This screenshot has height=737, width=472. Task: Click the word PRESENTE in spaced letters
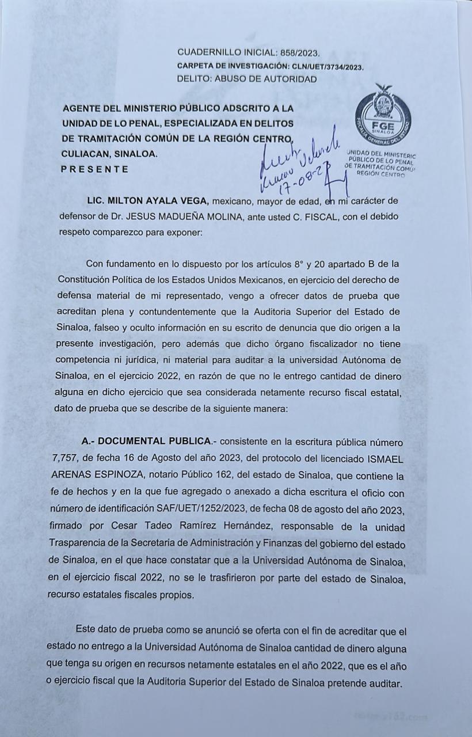point(94,169)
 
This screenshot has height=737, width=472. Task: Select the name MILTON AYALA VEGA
point(157,201)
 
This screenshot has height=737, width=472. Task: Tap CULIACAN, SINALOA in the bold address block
point(108,154)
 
